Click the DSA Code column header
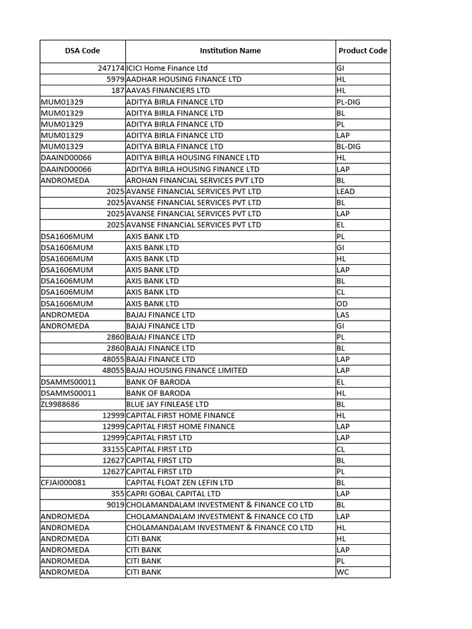click(82, 51)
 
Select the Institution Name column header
click(230, 51)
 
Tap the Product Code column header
click(363, 51)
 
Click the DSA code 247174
click(111, 68)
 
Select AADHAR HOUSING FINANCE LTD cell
click(184, 79)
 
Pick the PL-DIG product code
click(348, 102)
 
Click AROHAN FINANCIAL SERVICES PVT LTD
click(195, 181)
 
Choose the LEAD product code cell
click(346, 192)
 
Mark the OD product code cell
click(342, 303)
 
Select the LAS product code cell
click(343, 314)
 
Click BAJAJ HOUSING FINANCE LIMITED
click(187, 370)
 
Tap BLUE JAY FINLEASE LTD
click(167, 404)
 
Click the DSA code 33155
click(114, 449)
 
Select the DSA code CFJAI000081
click(63, 483)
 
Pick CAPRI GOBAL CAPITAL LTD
click(173, 494)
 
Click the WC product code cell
click(342, 572)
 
